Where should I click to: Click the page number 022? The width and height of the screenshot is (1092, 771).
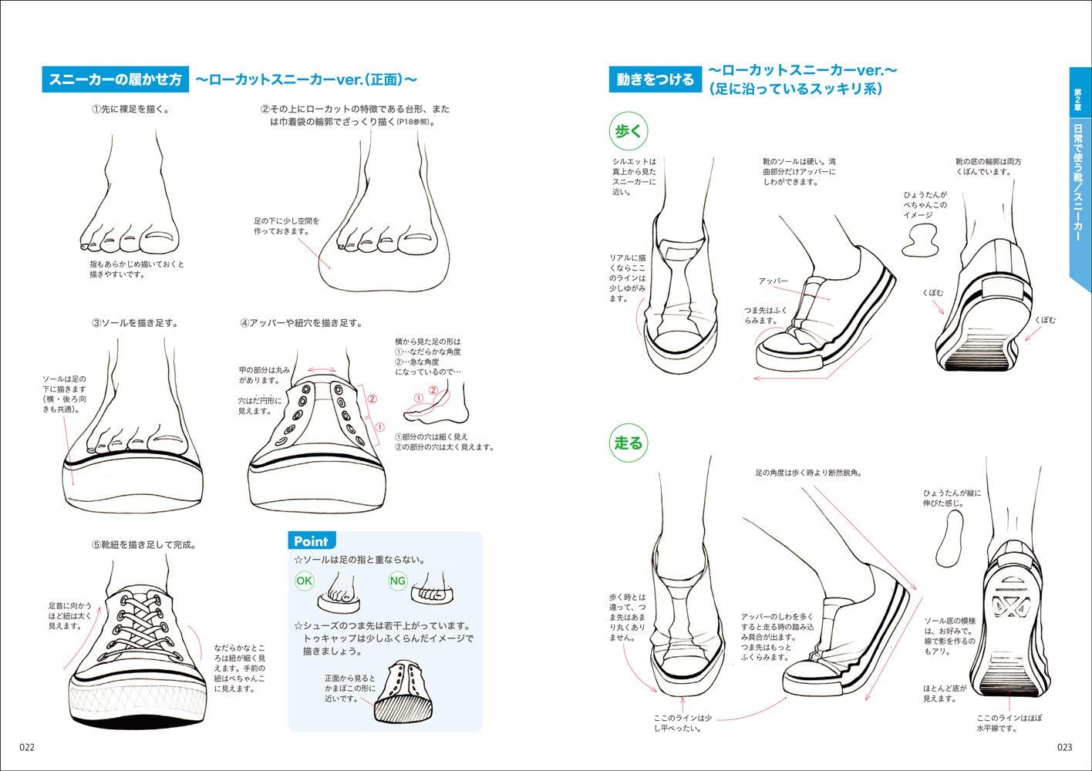click(27, 747)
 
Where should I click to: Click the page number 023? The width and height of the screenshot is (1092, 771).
click(1064, 747)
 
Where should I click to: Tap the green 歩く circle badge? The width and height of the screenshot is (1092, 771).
click(627, 132)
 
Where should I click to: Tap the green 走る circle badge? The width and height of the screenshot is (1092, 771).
click(627, 443)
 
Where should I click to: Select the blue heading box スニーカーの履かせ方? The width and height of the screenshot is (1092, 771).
click(115, 79)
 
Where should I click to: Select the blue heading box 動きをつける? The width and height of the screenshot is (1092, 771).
click(655, 79)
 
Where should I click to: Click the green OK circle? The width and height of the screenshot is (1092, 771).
click(305, 581)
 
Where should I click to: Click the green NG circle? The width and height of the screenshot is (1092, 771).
click(397, 581)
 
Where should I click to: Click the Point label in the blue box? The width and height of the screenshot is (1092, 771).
click(310, 541)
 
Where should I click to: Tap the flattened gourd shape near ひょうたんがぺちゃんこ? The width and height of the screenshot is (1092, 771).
click(920, 241)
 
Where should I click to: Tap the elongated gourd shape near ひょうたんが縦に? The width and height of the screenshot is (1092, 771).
click(953, 540)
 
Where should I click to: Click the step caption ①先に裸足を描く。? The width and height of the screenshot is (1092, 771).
click(130, 109)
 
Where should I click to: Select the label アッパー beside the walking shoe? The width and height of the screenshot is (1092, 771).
click(772, 281)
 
